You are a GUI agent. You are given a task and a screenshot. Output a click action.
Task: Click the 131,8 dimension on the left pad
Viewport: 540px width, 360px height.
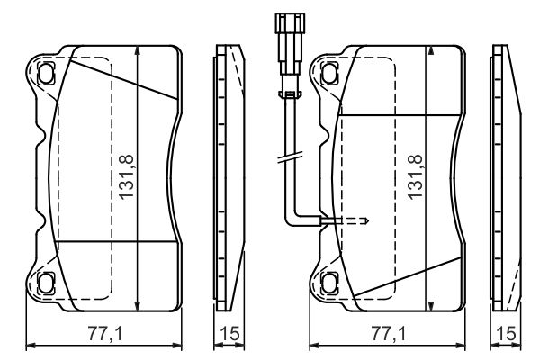coord(126,177)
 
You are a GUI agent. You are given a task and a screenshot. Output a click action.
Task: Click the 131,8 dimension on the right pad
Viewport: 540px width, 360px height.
coord(415,177)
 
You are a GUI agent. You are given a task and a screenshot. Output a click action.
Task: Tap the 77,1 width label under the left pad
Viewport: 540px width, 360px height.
coord(105,334)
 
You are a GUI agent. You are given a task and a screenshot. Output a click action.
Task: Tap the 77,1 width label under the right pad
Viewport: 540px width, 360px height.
coord(389,334)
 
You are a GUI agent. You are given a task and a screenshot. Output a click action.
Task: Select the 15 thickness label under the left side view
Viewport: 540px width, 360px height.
coord(229,334)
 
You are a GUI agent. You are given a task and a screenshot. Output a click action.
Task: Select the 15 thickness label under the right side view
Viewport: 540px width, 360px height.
coord(507,334)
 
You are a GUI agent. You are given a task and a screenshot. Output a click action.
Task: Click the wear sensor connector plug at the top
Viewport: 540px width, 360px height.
coord(290,44)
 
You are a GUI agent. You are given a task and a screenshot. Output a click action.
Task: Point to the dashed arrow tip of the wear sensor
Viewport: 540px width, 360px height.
coord(367,220)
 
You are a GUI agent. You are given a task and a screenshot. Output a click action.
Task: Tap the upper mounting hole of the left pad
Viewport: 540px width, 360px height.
coord(46,74)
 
